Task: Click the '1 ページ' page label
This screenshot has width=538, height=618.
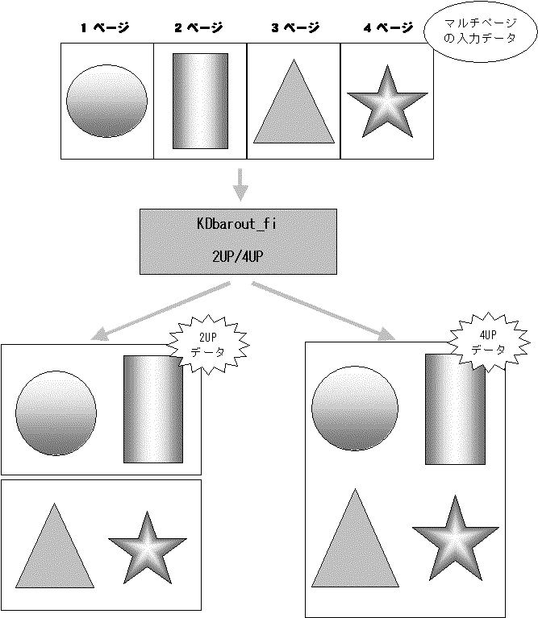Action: (x=105, y=28)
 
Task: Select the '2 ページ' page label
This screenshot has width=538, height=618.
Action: (x=199, y=28)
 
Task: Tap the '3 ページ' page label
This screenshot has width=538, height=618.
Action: (x=294, y=28)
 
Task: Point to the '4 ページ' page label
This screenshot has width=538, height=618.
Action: (x=388, y=28)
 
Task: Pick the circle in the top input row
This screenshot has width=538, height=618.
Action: (x=107, y=102)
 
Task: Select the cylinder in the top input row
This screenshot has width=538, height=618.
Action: (x=200, y=101)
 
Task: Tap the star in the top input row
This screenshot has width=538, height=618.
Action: (x=388, y=102)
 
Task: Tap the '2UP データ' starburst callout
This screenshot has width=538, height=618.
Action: (x=208, y=346)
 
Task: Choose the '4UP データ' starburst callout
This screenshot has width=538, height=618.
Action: (x=486, y=342)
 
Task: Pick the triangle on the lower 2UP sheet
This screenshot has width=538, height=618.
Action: (x=55, y=550)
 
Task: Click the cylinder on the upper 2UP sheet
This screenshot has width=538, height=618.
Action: (x=153, y=409)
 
